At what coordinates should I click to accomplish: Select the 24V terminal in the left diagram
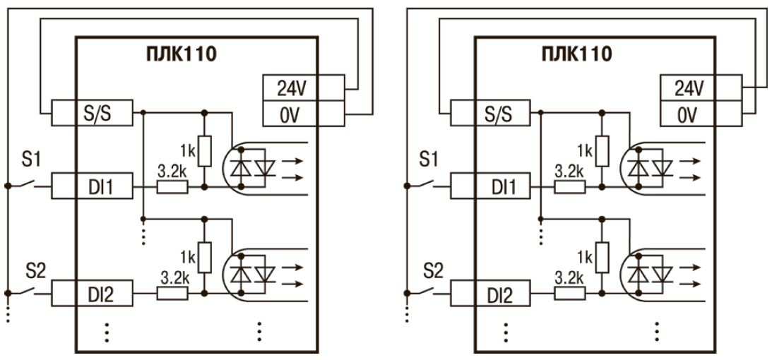pos(290,89)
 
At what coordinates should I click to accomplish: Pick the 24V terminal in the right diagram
pos(689,89)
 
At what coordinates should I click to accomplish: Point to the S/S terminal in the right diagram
pos(494,112)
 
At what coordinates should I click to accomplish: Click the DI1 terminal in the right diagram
pos(494,187)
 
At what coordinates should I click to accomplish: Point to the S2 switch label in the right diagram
pos(430,268)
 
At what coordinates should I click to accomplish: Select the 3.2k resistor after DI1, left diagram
pos(172,187)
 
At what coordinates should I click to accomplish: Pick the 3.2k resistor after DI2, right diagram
pos(571,294)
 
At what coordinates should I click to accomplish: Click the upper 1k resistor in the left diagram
pos(204,149)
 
